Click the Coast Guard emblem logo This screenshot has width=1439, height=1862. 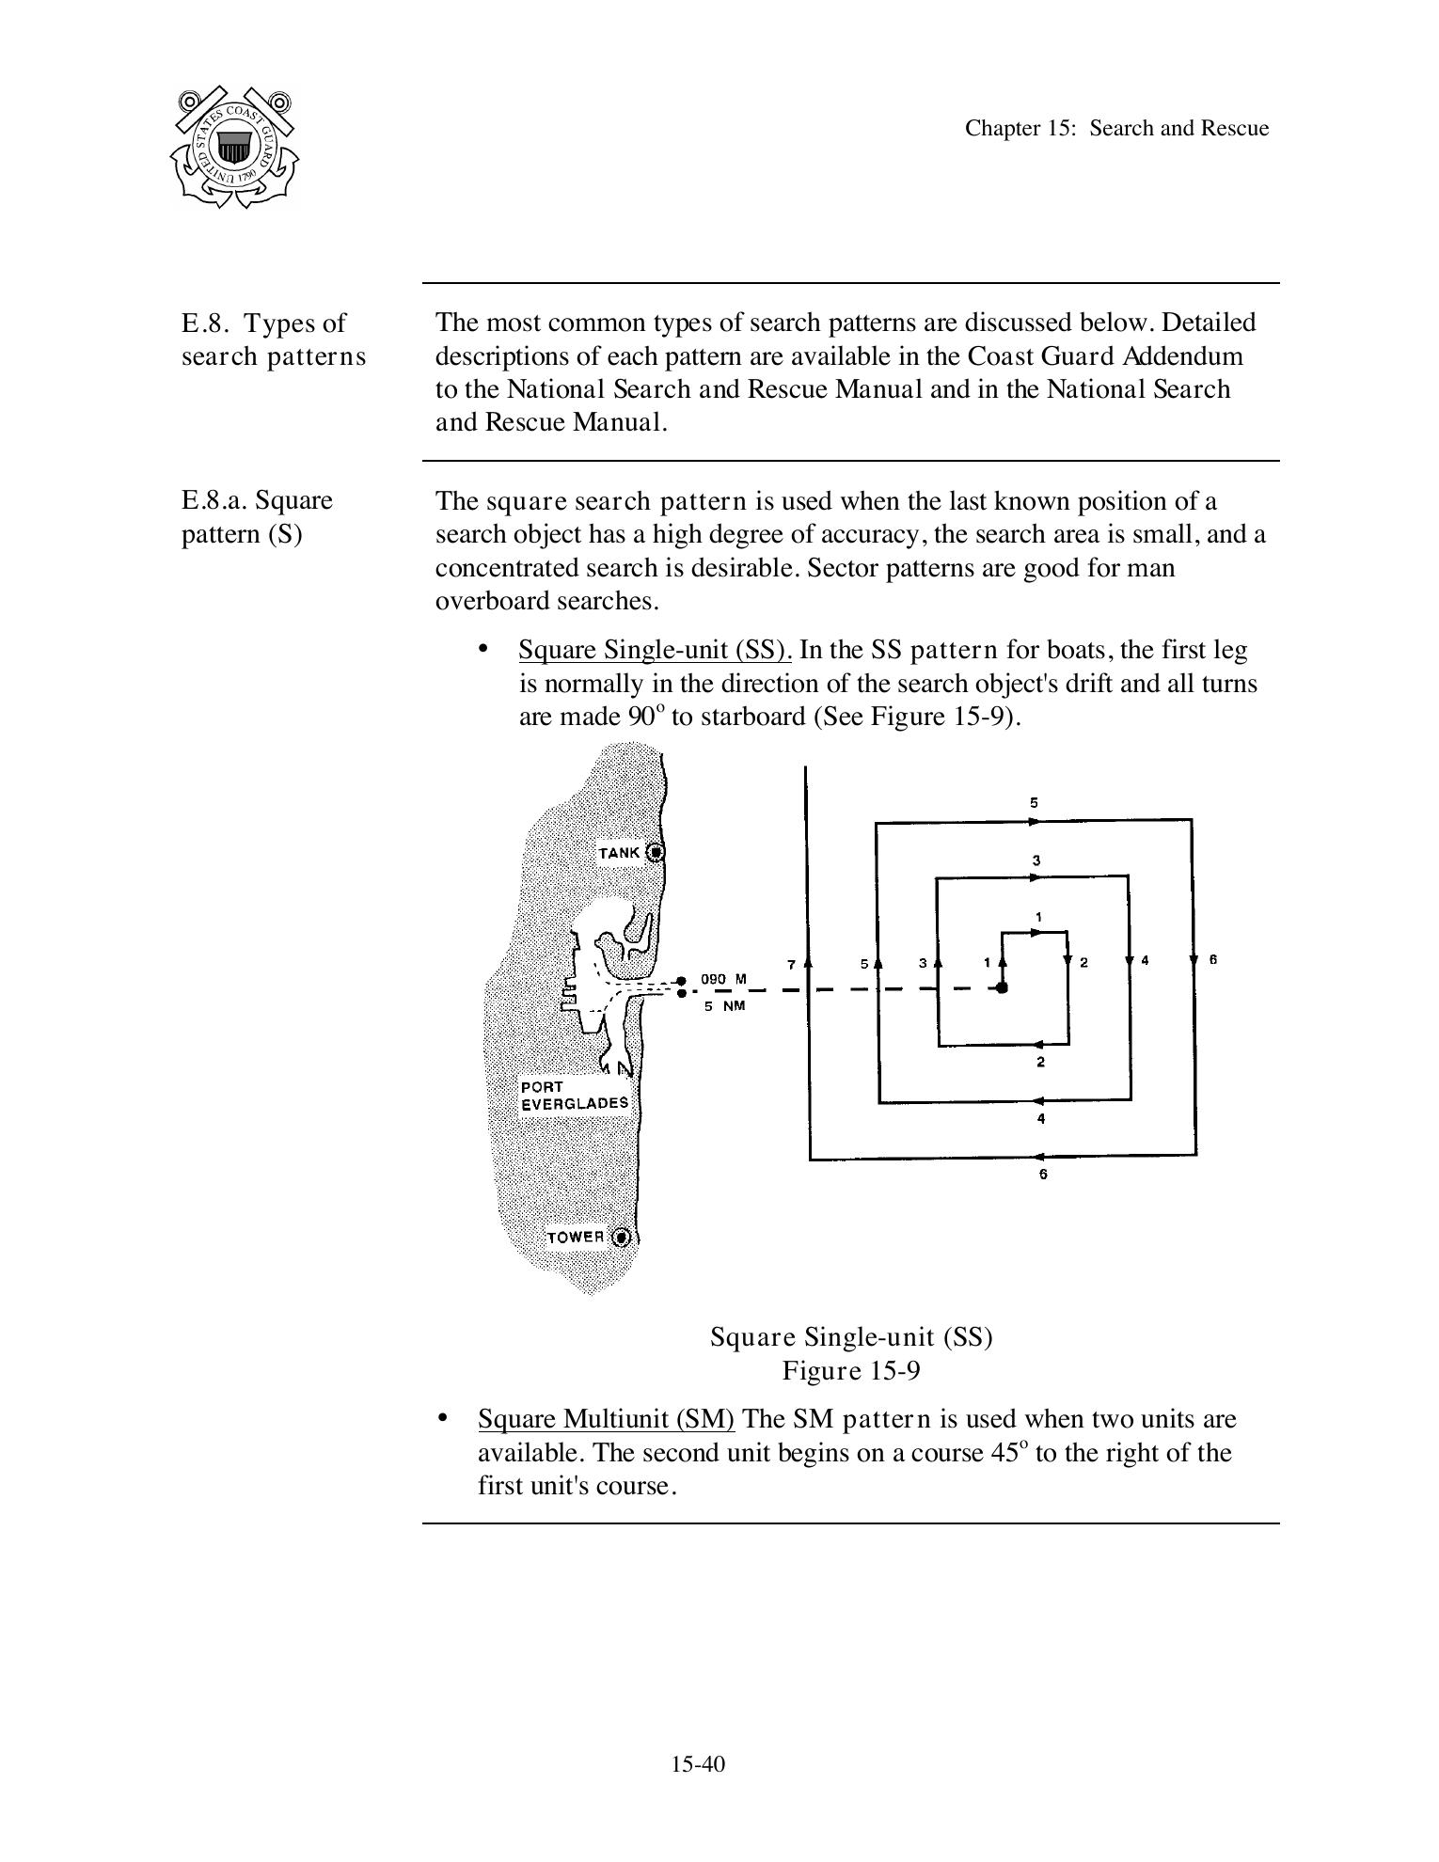234,147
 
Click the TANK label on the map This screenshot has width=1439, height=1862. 619,853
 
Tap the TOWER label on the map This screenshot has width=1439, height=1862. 576,1237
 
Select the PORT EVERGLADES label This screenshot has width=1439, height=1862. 575,1095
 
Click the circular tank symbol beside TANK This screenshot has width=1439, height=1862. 656,852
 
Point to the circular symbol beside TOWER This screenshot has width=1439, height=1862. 621,1237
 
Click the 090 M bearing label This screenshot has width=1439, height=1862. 723,979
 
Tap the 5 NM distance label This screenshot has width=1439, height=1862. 724,1005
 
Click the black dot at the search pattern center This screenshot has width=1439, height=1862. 1003,987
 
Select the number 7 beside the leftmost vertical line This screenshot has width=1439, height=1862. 791,964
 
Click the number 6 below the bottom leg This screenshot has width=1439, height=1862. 1042,1175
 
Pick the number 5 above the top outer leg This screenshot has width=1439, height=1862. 1035,803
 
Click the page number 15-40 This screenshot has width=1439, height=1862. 698,1763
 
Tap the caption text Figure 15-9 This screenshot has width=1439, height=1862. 850,1370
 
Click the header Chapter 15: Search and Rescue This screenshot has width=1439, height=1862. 1116,128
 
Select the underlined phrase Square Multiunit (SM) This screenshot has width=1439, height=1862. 606,1418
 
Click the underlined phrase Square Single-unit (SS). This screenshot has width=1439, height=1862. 655,650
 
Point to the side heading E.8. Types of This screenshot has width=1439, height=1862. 263,323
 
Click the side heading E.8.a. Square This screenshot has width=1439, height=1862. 257,499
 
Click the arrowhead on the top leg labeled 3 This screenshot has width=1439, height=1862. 1035,877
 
